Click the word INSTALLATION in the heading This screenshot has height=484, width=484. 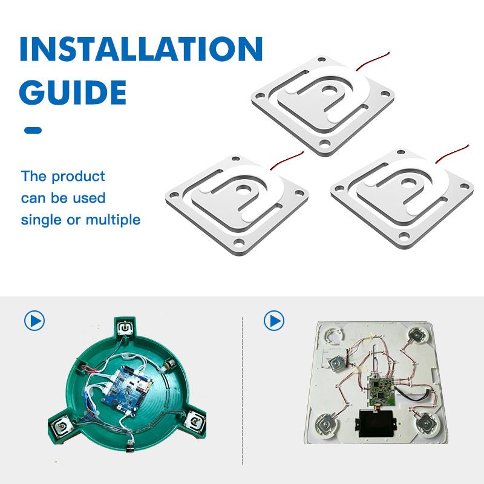[141, 49]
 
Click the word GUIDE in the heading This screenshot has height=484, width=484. [73, 93]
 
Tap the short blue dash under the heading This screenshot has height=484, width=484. [33, 130]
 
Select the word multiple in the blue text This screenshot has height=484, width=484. [113, 220]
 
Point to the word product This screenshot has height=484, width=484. [78, 177]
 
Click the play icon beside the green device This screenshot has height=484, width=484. [34, 321]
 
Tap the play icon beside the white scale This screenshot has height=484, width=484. [274, 321]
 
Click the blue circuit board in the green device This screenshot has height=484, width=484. [127, 391]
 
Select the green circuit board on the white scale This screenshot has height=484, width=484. [382, 391]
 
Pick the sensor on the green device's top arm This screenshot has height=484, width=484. [125, 327]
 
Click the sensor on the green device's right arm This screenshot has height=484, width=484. [195, 420]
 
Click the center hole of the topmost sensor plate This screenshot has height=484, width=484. [330, 90]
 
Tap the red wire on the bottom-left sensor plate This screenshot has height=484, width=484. [287, 160]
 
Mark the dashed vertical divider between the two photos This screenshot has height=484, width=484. [243, 390]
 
